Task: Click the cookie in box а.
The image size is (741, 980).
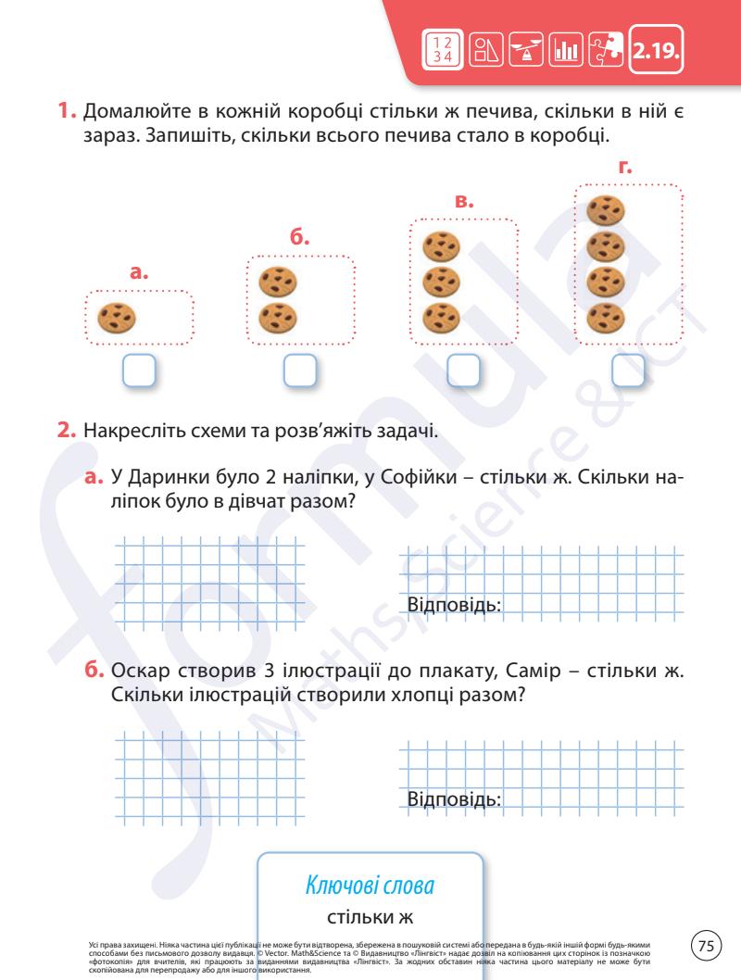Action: click(x=118, y=318)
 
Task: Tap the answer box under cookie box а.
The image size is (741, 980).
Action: click(x=140, y=371)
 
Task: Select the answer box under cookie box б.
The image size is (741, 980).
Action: click(x=300, y=371)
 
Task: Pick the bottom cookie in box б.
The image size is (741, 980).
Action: click(x=276, y=317)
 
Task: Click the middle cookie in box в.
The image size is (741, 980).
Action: click(x=441, y=281)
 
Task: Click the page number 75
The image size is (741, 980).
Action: click(x=707, y=946)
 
